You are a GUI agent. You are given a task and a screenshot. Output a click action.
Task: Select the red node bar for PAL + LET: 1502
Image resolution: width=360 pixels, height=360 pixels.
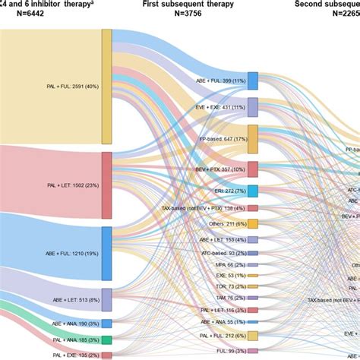click(106, 185)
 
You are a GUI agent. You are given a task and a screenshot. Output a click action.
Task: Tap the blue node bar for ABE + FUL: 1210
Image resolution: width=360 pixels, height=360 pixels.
click(106, 253)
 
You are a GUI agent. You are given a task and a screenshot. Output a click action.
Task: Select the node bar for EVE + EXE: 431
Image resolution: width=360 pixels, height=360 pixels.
click(253, 107)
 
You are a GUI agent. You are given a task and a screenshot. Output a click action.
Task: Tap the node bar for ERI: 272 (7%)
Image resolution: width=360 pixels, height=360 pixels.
click(253, 191)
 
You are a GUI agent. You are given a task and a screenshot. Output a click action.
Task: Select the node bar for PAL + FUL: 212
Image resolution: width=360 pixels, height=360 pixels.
click(253, 336)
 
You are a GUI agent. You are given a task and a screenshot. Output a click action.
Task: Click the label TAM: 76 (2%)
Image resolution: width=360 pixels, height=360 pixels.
click(225, 298)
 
